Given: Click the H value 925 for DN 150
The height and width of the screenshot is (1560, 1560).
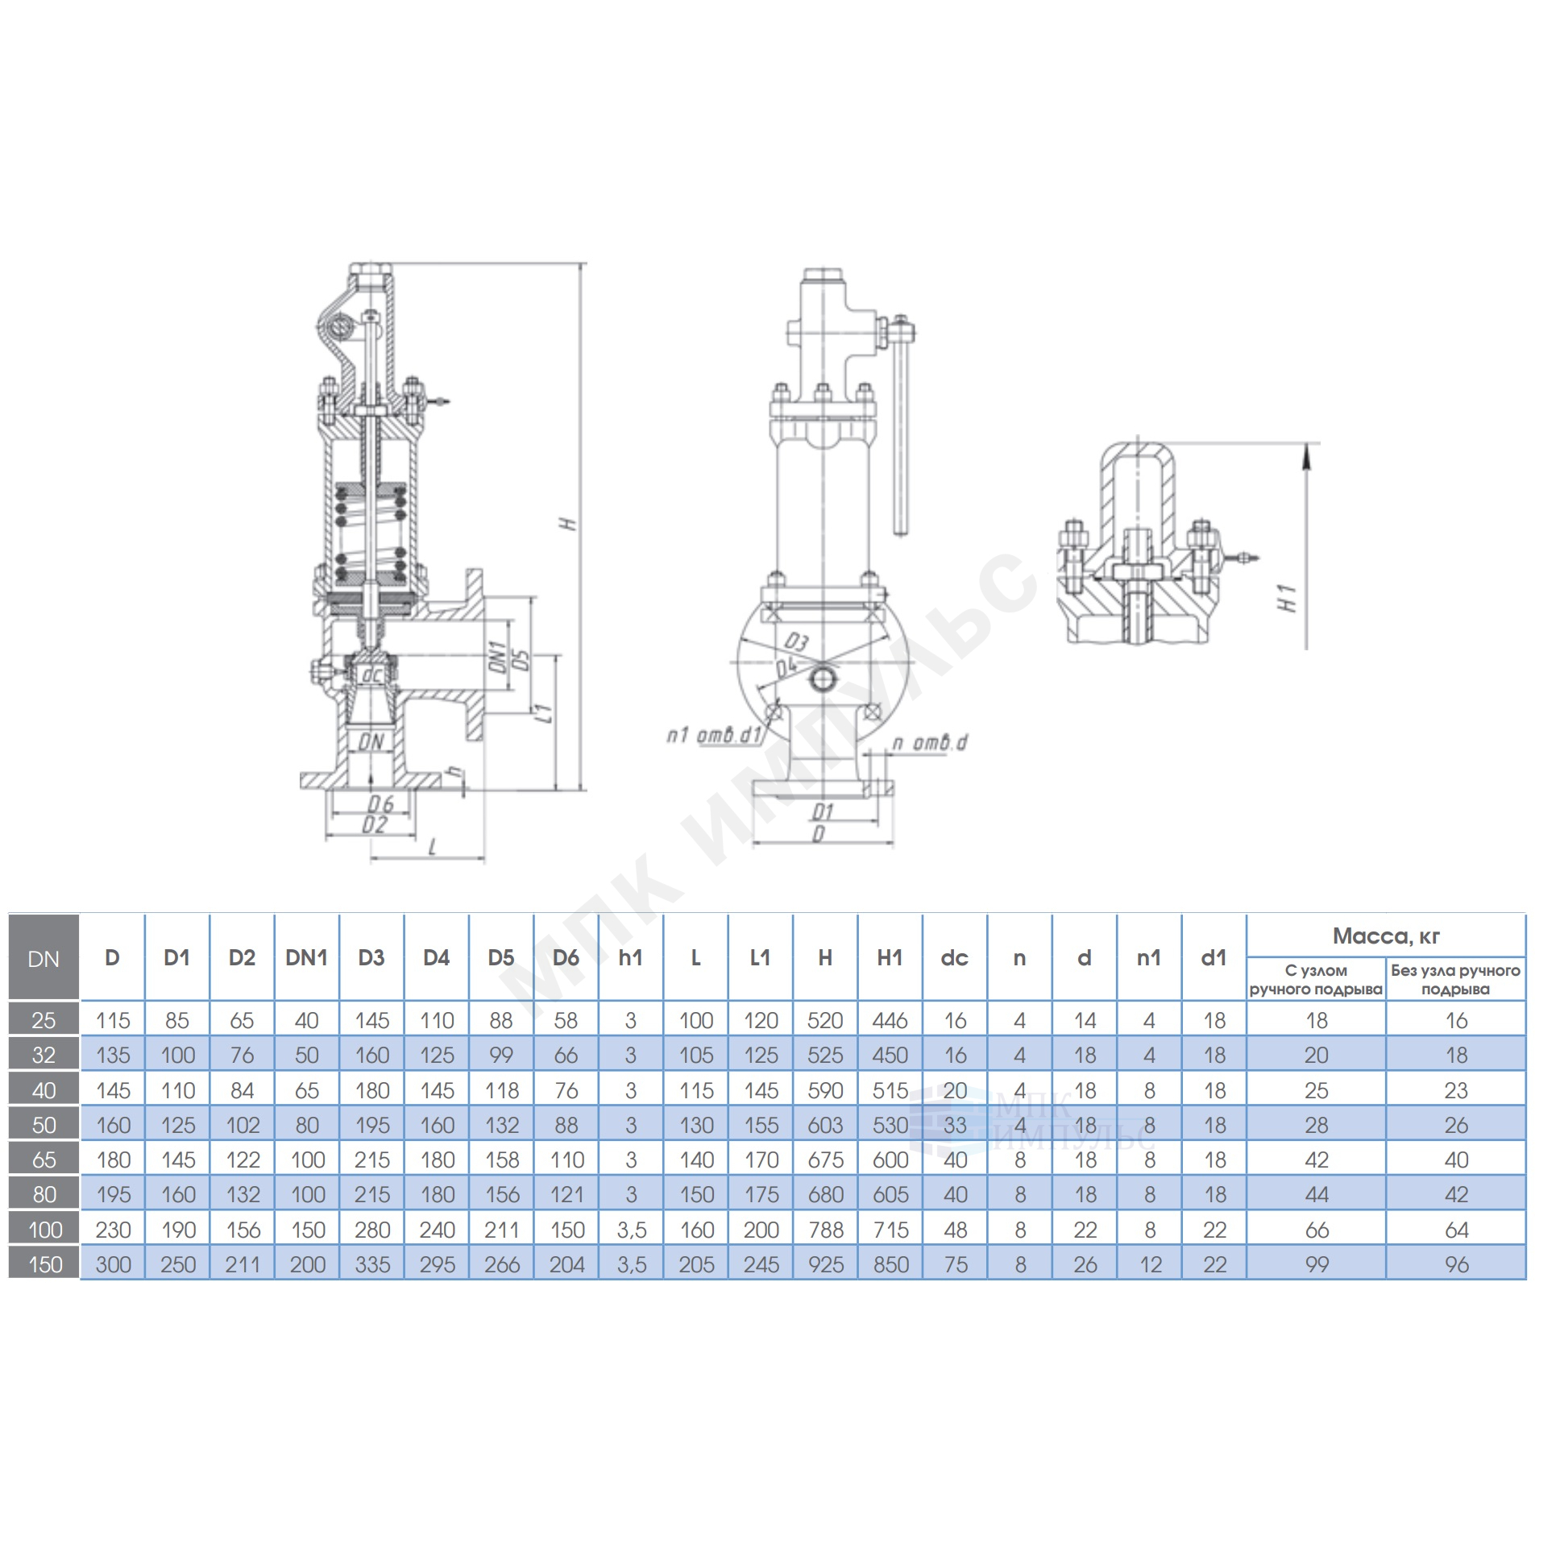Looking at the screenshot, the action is coord(825,1264).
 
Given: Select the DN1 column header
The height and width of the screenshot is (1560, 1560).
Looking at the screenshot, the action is coord(307,957).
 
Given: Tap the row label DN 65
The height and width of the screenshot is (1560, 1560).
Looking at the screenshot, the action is coord(44,1160).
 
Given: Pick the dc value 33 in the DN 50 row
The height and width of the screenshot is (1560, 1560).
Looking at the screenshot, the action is coord(955,1125).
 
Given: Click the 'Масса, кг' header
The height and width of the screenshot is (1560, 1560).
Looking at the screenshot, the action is coord(1386,936).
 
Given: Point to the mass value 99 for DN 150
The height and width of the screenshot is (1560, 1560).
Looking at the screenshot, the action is coord(1316,1264).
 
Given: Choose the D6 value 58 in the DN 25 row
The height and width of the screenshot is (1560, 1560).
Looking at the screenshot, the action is coord(566,1021).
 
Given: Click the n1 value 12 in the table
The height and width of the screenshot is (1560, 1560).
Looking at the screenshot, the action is coord(1150,1264).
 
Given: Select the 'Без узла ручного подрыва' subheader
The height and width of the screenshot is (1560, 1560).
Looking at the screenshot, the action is coord(1456,980).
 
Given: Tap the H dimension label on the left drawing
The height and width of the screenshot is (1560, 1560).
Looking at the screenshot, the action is coord(570,523).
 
